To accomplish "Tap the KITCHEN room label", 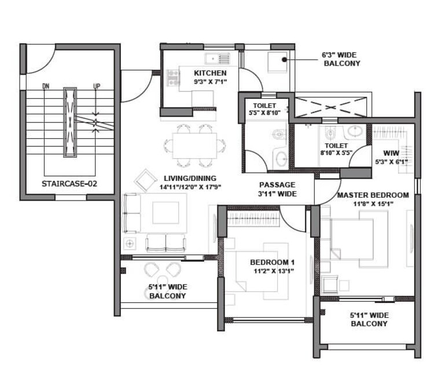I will pos(210,73).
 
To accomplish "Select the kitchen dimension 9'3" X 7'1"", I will pos(210,82).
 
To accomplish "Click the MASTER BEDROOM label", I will pos(373,195).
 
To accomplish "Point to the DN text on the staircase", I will pos(46,87).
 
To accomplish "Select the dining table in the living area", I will pos(192,143).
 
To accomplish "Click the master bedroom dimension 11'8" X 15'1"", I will pos(373,203).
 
